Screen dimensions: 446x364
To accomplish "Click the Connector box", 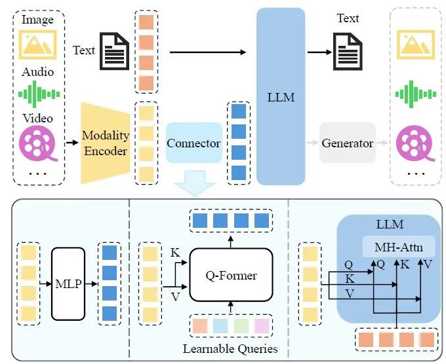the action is coord(194,143).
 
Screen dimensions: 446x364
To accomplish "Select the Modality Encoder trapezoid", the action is coord(106,143).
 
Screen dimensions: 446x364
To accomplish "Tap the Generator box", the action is coord(348,143).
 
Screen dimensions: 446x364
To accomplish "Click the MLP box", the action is coord(68,283).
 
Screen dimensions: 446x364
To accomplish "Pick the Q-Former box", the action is coord(231,275).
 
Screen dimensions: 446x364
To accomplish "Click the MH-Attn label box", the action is coord(399,247).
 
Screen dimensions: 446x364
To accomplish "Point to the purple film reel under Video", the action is coord(38,143).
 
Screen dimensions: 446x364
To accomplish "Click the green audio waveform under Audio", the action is coord(39,94).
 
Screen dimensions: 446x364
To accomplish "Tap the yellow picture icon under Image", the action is coord(38,45).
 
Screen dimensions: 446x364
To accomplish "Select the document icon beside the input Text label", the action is coord(114,51).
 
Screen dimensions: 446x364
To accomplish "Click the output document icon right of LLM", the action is coord(348,51).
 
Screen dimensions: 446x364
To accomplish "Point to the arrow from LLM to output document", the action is coord(319,52).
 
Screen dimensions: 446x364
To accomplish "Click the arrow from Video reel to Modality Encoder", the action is coord(72,142).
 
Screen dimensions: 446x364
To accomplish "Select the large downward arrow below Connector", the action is coord(194,183).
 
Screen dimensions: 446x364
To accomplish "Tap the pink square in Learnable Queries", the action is coord(262,326).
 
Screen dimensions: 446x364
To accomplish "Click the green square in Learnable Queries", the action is coord(241,326).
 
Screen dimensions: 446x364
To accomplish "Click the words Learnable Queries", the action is coord(230,349).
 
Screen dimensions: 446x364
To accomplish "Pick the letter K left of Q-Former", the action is coord(175,253).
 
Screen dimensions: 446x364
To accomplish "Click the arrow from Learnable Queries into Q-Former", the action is coord(231,308).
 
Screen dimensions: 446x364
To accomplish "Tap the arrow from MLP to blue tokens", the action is coord(91,283).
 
